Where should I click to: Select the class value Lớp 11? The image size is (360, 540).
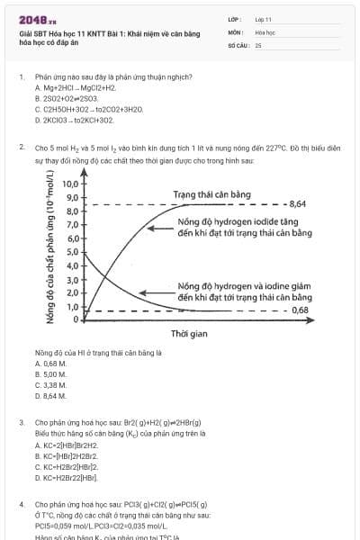[263, 19]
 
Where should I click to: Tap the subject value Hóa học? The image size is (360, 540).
[265, 31]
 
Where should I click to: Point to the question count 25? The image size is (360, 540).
[258, 44]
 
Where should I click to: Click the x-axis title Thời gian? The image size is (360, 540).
[189, 333]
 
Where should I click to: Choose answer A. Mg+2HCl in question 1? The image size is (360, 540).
[76, 88]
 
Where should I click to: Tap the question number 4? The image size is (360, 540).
[21, 505]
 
